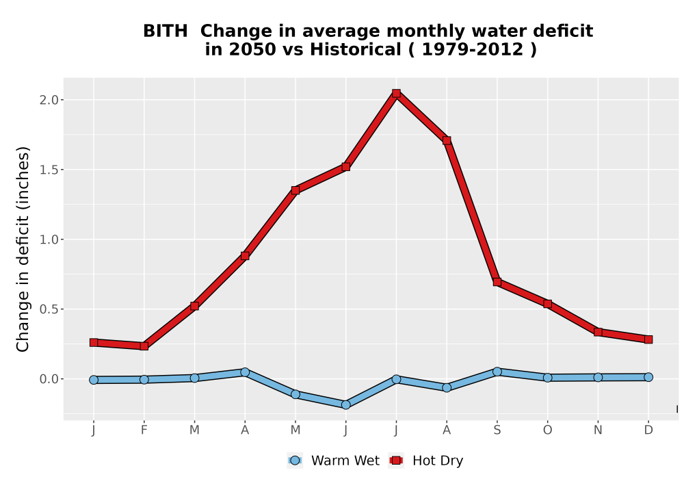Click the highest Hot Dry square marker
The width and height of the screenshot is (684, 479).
pyautogui.click(x=396, y=93)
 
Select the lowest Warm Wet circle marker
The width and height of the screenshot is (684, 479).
pyautogui.click(x=345, y=405)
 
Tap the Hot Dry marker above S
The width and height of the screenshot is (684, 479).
pyautogui.click(x=497, y=282)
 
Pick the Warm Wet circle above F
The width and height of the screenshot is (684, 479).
pyautogui.click(x=144, y=380)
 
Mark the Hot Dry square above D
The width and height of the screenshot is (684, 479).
pyautogui.click(x=648, y=339)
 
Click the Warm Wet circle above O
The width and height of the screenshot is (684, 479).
pyautogui.click(x=547, y=377)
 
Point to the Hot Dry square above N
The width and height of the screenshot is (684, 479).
pyautogui.click(x=598, y=332)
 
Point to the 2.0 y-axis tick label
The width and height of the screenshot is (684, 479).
pyautogui.click(x=49, y=100)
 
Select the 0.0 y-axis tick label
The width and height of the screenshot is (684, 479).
pyautogui.click(x=49, y=379)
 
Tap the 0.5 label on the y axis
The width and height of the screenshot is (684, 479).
pyautogui.click(x=49, y=309)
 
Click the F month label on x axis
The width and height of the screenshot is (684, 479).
pyautogui.click(x=144, y=430)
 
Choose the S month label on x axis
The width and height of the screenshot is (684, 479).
pyautogui.click(x=497, y=430)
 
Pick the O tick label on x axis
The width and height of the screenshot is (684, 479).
pyautogui.click(x=547, y=430)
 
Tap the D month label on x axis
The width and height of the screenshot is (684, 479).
pyautogui.click(x=648, y=430)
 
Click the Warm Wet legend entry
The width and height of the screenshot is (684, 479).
pyautogui.click(x=333, y=461)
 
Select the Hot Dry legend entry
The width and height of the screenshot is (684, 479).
pyautogui.click(x=425, y=461)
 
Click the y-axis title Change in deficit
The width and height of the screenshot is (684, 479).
pyautogui.click(x=23, y=249)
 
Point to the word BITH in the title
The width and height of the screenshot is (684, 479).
pyautogui.click(x=166, y=31)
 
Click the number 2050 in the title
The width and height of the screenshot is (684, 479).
pyautogui.click(x=253, y=50)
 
